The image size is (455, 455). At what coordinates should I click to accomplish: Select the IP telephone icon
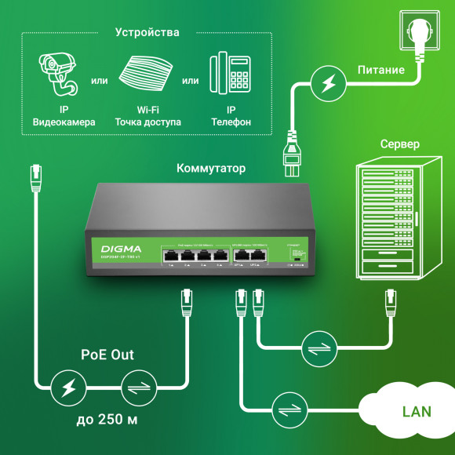coord(231,75)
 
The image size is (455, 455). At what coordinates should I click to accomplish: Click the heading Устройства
coord(147,33)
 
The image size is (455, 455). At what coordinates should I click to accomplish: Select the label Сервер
coord(399,145)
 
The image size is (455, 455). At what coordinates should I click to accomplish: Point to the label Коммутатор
coord(211,168)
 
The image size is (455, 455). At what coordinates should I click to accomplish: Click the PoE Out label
coord(107,355)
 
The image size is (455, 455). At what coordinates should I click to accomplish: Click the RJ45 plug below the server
coord(389,301)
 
